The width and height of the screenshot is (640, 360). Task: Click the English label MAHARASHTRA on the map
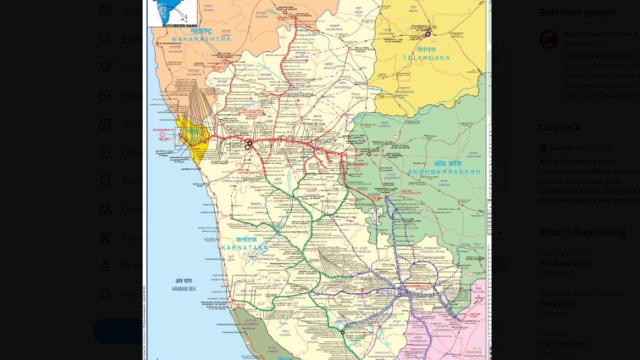pos(202,39)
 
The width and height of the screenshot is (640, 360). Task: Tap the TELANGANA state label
pos(427,58)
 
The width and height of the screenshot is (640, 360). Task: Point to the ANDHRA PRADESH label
pos(444,172)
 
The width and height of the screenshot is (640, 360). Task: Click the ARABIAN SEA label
pos(185,289)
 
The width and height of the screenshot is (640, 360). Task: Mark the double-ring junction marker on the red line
pos(249,145)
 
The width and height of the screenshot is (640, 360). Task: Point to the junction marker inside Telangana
pos(428,34)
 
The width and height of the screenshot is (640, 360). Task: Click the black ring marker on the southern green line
pos(342,332)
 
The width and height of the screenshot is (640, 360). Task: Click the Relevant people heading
pos(577,12)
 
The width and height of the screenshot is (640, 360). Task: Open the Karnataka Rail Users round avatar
pos(549,39)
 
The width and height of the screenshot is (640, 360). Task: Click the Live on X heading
pos(560,127)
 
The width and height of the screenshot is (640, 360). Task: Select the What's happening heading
pos(582,233)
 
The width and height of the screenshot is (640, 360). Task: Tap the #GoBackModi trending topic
pos(564,263)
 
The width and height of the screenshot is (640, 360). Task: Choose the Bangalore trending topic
pos(557,303)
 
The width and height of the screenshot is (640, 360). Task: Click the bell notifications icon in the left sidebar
pos(106,67)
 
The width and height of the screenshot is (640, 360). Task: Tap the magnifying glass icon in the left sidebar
pos(106,39)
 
